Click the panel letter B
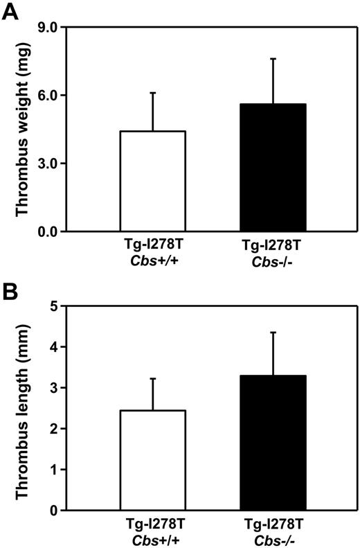12,288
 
